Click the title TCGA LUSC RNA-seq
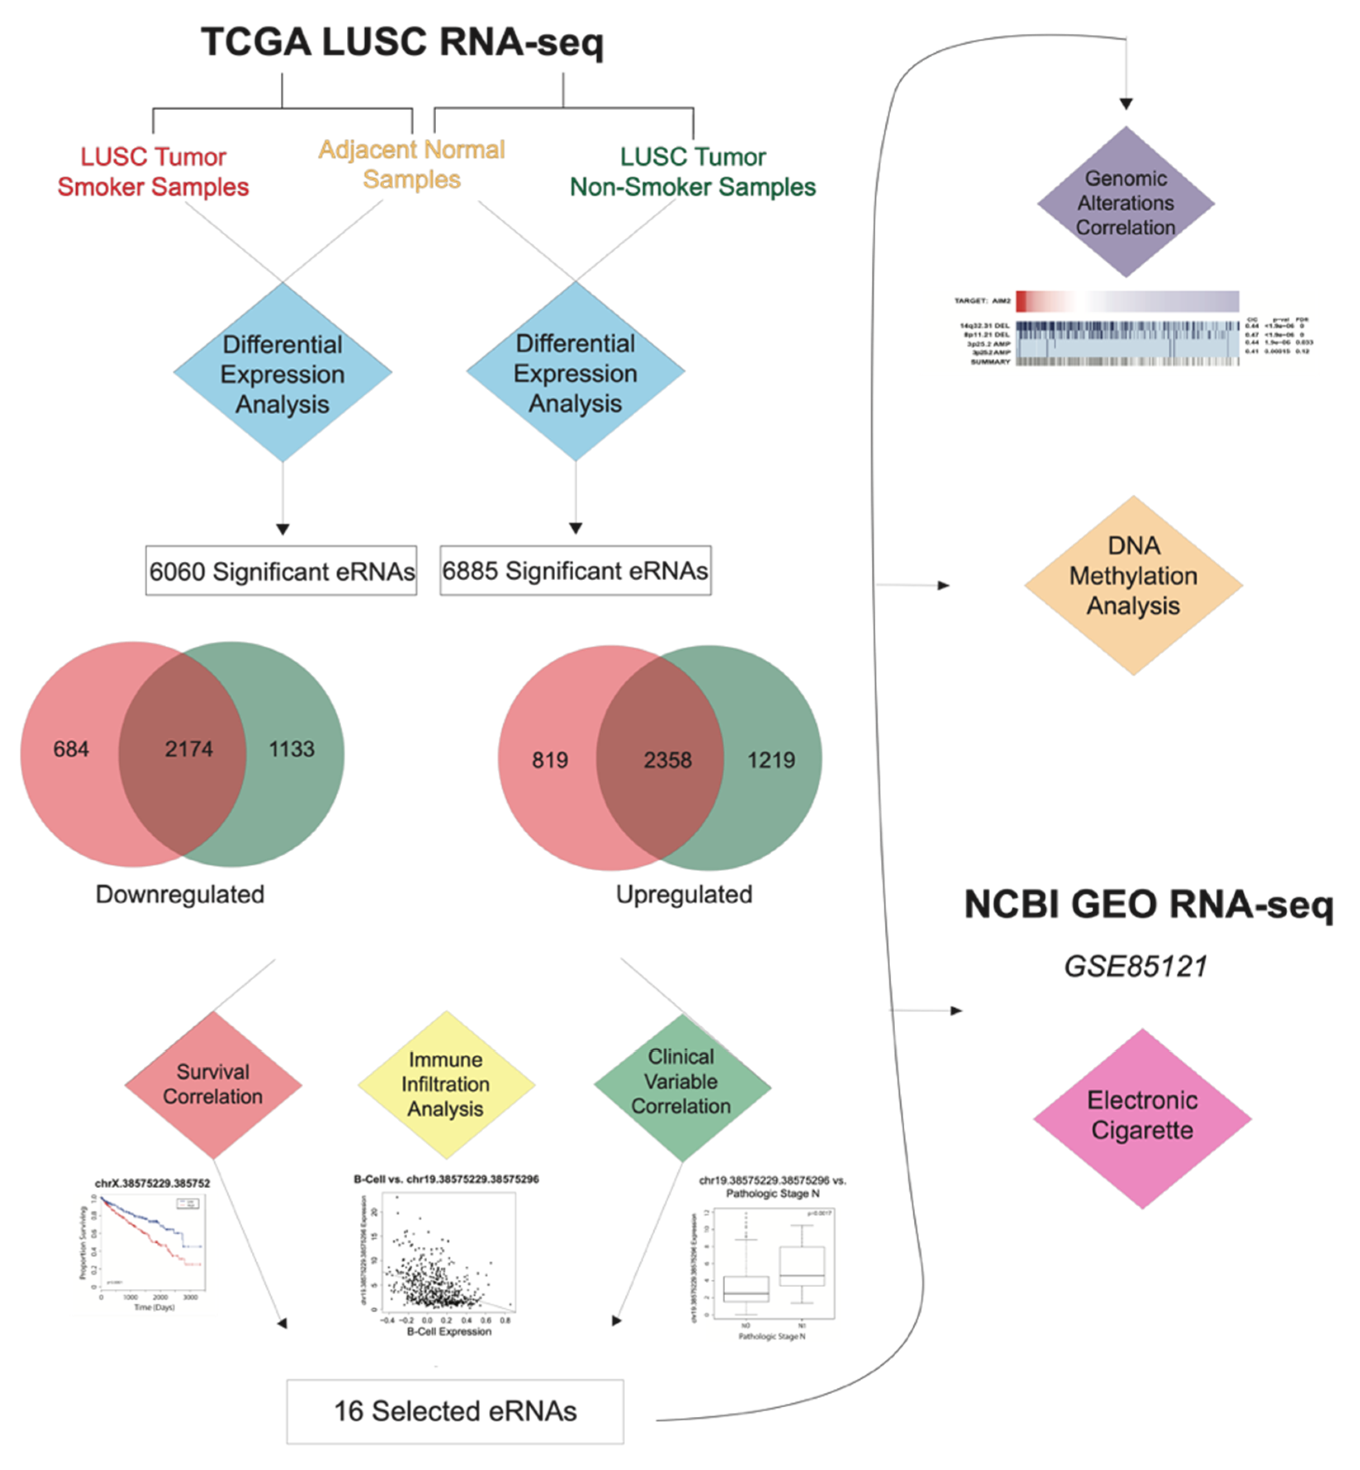[402, 43]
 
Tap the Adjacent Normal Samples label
[412, 164]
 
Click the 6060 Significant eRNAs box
[281, 571]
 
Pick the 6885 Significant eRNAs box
[575, 570]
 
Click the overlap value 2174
[188, 749]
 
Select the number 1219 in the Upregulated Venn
[771, 760]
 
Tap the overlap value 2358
[667, 760]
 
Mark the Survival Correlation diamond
[213, 1085]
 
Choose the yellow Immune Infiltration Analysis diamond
[445, 1085]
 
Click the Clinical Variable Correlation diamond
[681, 1082]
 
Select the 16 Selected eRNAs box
[455, 1411]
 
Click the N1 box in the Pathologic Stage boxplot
[802, 1266]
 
